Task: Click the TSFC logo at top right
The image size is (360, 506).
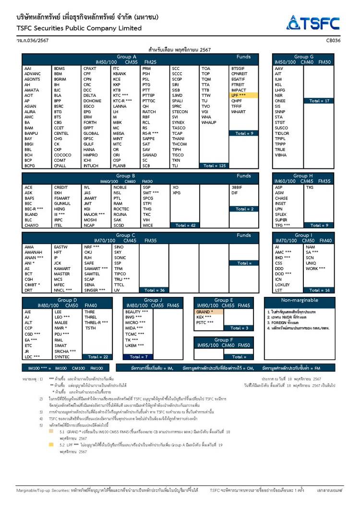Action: click(x=313, y=23)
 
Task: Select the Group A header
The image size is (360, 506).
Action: click(x=127, y=57)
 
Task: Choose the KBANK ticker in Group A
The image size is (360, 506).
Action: click(x=120, y=74)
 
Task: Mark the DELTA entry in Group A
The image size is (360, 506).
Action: click(x=90, y=95)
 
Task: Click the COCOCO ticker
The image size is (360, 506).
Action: click(x=62, y=155)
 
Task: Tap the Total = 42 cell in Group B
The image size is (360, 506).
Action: click(x=185, y=225)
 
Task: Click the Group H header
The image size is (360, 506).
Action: click(x=303, y=176)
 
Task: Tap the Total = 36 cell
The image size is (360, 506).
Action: click(x=155, y=290)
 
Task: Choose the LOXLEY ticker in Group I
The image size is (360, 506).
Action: click(x=282, y=284)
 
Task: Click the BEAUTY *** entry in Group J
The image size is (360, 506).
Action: click(x=137, y=311)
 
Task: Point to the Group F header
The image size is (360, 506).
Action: click(x=224, y=340)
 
